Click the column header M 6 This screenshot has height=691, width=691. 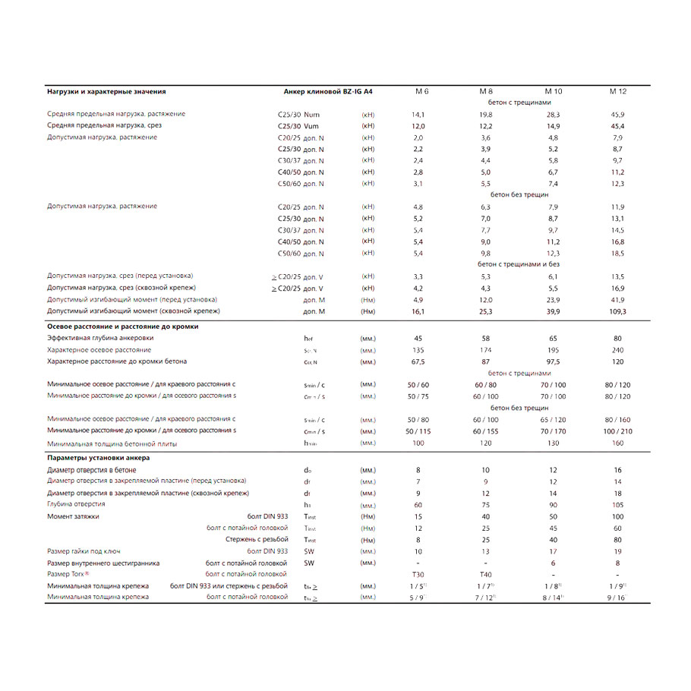tap(421, 91)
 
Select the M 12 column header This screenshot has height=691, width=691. tap(617, 91)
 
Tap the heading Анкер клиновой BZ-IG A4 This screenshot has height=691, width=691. tap(327, 91)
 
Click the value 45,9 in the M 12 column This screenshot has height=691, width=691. tap(617, 114)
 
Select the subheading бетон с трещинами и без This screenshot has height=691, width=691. tap(519, 264)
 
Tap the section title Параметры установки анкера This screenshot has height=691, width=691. tap(98, 458)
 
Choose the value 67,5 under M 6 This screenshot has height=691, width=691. tap(418, 361)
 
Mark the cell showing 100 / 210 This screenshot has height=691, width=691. tap(617, 431)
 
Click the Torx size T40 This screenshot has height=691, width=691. tap(486, 575)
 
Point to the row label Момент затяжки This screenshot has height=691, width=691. tap(73, 516)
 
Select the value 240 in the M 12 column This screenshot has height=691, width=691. tap(617, 350)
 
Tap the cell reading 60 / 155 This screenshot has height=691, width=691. tap(486, 431)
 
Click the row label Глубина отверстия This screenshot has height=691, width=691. tap(76, 504)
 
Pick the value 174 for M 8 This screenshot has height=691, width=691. tap(486, 350)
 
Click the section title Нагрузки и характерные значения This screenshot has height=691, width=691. tap(106, 91)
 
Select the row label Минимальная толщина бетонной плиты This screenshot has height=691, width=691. tap(112, 443)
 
